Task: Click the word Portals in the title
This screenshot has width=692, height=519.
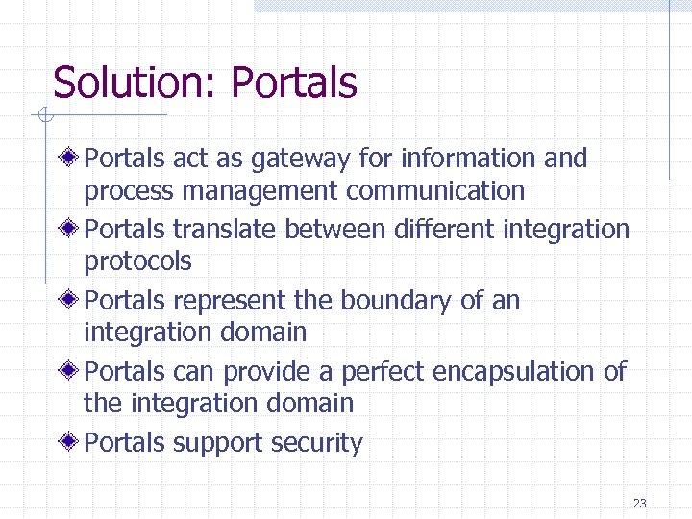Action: [x=294, y=83]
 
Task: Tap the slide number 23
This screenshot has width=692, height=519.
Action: [x=640, y=503]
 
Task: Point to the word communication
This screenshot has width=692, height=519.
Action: [x=435, y=191]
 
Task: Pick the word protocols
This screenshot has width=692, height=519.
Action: [x=138, y=262]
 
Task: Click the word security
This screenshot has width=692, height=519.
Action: [x=316, y=444]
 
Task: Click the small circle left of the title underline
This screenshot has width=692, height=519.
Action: [x=43, y=117]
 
